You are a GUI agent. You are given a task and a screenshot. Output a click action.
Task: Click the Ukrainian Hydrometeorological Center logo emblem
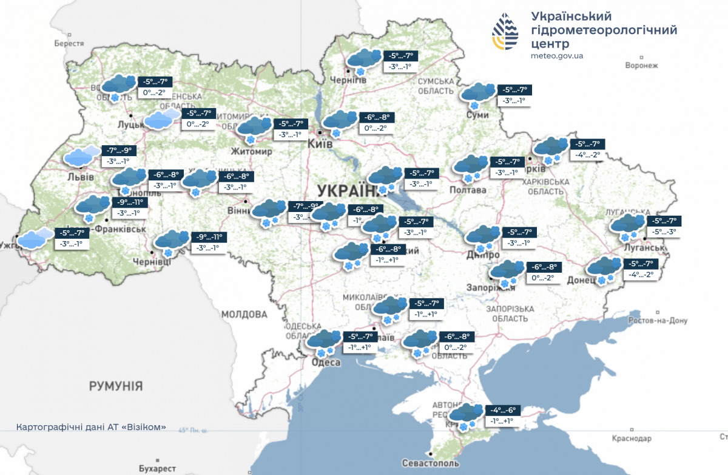(506, 32)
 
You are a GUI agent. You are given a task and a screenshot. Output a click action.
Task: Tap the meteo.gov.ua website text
(556, 56)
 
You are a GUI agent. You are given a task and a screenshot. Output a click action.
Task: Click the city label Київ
(320, 144)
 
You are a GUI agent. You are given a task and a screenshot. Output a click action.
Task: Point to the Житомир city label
(251, 151)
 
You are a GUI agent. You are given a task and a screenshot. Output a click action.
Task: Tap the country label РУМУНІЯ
(115, 386)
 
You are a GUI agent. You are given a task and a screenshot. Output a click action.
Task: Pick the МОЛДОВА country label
(244, 315)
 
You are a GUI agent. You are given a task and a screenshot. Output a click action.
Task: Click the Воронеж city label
(641, 66)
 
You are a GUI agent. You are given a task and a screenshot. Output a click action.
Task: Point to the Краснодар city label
(632, 439)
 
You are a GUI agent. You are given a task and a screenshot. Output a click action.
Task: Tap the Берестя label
(69, 44)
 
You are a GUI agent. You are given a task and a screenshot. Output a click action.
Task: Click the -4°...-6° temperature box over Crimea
(503, 410)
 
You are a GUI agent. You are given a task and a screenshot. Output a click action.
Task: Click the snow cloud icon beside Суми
(477, 94)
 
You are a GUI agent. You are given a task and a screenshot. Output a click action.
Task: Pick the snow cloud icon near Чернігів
(363, 60)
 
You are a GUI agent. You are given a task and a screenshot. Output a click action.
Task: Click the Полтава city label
(468, 190)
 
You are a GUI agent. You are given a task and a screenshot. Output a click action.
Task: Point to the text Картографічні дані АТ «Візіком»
(91, 427)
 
